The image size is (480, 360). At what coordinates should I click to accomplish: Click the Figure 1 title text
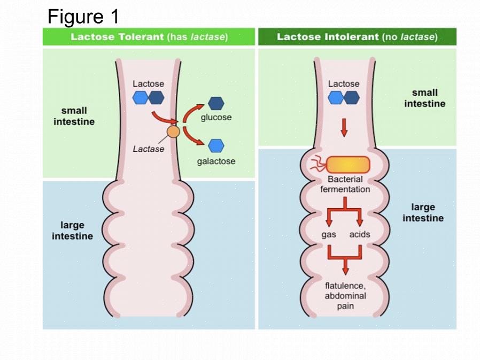pos(83,17)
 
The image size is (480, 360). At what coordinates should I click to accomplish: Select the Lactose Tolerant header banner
pos(149,37)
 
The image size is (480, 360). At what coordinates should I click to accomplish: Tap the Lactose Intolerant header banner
pos(357,37)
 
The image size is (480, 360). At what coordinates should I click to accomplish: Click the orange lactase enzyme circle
pos(173,132)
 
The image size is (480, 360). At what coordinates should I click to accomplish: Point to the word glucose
pos(216,117)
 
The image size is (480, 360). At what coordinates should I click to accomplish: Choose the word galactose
pos(216,161)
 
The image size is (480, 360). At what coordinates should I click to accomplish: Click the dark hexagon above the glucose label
pos(216,103)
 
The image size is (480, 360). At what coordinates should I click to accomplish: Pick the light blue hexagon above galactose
pos(216,145)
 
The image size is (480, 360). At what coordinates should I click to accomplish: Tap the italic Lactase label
pos(148,149)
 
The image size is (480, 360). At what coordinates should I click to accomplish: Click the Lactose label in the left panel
pos(148,84)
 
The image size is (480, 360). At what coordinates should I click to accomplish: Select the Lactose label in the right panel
pos(344,84)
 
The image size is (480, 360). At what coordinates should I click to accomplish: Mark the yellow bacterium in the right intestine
pos(347,165)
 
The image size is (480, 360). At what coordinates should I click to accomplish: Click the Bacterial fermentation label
pos(345,184)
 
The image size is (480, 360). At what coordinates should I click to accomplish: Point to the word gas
pos(329,234)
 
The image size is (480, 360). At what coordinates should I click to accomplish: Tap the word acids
pos(360,234)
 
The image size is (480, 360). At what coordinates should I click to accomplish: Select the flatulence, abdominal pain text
pos(345,296)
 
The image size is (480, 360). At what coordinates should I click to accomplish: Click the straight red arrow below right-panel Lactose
pos(344,127)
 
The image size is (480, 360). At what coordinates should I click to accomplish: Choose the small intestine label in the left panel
pos(74,116)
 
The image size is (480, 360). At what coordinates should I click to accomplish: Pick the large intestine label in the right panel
pos(423,212)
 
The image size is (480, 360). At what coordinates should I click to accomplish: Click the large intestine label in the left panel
pos(72,231)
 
